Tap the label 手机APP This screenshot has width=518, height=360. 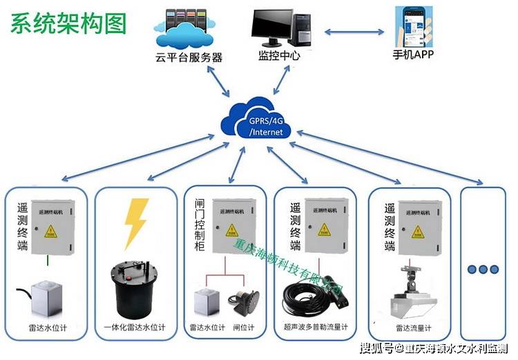pos(413,55)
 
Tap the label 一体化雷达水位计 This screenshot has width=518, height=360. pos(137,327)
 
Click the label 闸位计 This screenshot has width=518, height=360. pos(244,327)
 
